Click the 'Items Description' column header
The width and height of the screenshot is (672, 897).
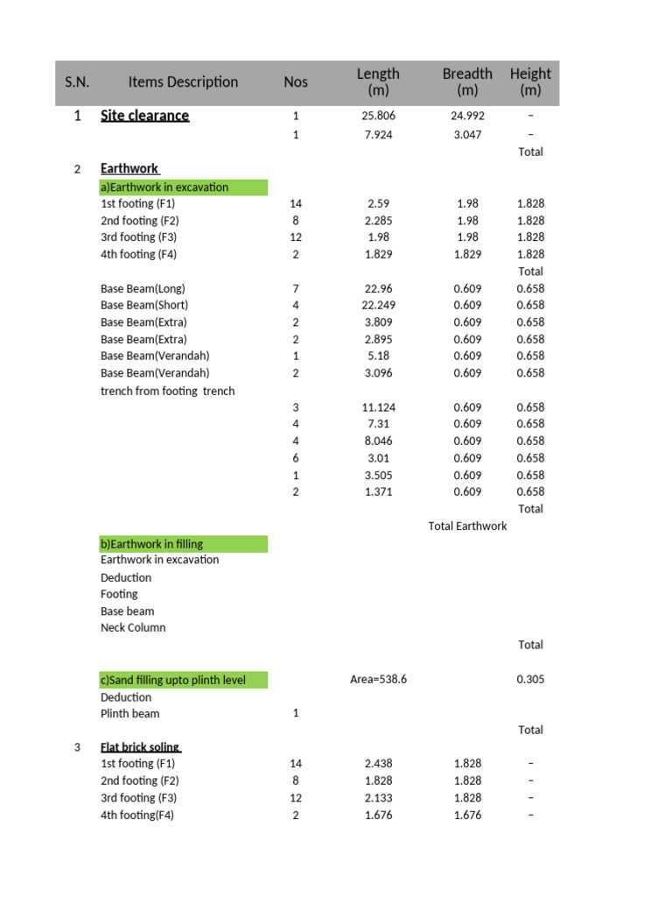click(x=183, y=82)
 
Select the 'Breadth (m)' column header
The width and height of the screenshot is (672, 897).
click(x=467, y=82)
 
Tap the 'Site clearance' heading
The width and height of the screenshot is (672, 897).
click(x=144, y=116)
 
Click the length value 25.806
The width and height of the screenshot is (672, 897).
click(x=378, y=116)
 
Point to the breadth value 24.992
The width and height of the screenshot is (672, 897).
click(x=467, y=116)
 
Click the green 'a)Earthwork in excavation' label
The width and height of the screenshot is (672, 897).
click(x=164, y=187)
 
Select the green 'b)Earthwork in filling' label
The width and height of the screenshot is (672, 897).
click(x=151, y=544)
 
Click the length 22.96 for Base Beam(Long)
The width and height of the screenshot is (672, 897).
click(x=378, y=288)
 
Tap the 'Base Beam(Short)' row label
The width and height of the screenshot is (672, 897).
click(x=144, y=305)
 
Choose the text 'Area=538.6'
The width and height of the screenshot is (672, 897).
click(x=378, y=680)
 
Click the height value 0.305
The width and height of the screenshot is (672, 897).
click(x=530, y=680)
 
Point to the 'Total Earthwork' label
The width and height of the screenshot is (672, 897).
click(x=467, y=526)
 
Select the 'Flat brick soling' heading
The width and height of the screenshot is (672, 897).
click(x=140, y=747)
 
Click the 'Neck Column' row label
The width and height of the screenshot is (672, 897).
click(x=133, y=627)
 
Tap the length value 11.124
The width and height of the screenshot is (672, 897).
click(x=378, y=407)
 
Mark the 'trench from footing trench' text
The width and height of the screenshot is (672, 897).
click(x=168, y=391)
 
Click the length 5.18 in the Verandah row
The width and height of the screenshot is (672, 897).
click(x=378, y=356)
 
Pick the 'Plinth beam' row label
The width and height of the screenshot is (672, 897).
click(x=130, y=713)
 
